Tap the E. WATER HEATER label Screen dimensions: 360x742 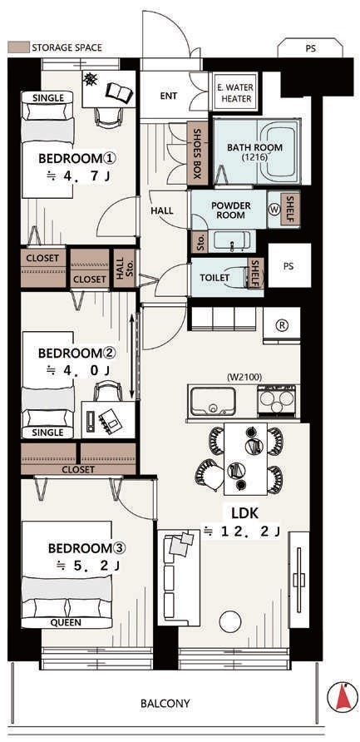[x=235, y=93]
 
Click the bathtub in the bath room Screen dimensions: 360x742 [x=279, y=150]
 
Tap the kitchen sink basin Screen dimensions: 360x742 [x=212, y=401]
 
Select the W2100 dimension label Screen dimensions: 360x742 [x=244, y=378]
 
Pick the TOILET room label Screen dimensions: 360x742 [x=215, y=278]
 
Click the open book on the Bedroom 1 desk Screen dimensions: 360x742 [x=116, y=91]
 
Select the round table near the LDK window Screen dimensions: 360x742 [x=231, y=622]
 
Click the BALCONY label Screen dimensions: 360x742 [x=165, y=703]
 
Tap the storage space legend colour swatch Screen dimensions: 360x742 [x=18, y=47]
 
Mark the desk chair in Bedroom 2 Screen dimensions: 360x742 [x=104, y=391]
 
